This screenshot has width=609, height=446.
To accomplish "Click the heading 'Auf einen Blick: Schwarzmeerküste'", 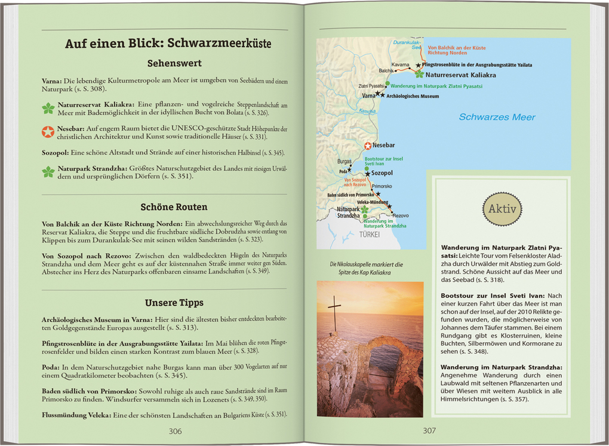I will click(168, 44).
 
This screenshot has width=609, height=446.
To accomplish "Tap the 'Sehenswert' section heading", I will click(174, 63).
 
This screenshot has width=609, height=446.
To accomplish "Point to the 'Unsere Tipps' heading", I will click(174, 302).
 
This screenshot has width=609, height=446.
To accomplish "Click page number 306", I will click(174, 430).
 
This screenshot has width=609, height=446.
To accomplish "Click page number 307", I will click(429, 430).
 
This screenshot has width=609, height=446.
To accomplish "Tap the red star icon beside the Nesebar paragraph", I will click(48, 131).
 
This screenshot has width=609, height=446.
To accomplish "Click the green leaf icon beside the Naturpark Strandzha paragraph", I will click(48, 172).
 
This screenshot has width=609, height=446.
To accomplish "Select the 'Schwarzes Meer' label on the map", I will click(497, 117).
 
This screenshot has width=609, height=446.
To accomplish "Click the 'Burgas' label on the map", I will click(345, 161).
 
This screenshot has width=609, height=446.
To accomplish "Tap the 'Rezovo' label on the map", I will click(401, 215).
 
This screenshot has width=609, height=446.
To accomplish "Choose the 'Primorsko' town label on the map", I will click(382, 186).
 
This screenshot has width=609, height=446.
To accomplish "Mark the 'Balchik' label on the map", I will click(386, 70).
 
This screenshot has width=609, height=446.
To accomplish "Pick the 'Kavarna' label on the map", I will click(400, 64).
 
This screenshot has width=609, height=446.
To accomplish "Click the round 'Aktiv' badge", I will click(502, 209).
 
